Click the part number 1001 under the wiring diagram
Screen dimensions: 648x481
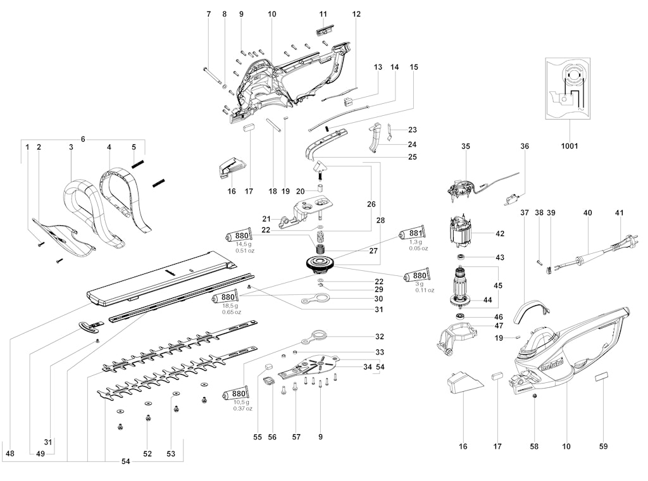[569, 146]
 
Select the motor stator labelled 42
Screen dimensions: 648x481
[460, 233]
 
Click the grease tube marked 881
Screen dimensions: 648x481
[411, 234]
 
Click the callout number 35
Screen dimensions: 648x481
[466, 146]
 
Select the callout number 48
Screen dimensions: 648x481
[10, 454]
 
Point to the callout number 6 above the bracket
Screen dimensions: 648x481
[83, 139]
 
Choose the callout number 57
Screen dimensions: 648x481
[296, 437]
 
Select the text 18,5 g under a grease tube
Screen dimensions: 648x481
[230, 306]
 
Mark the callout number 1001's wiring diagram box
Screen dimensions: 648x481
[568, 89]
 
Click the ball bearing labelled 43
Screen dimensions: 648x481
[461, 257]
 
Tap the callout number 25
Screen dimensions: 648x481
[413, 157]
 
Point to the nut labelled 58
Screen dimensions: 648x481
[534, 396]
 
